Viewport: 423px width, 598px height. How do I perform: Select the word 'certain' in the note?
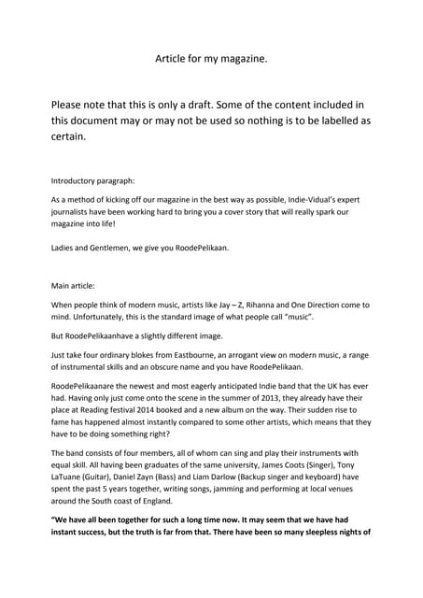click(x=67, y=136)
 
